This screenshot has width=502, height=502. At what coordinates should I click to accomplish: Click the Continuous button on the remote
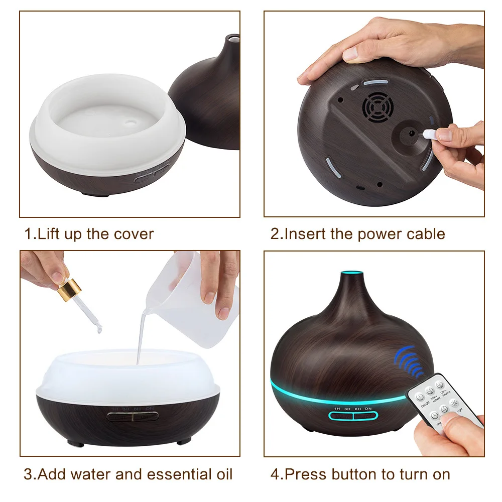pyautogui.click(x=440, y=386)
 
